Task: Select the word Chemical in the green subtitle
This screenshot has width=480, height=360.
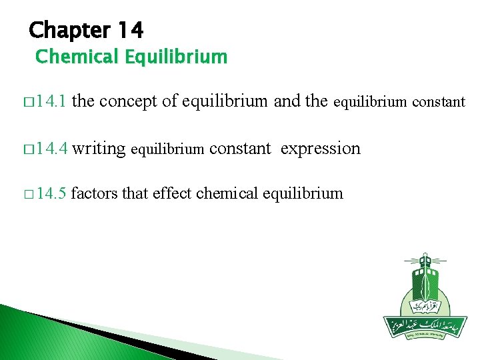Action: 77,57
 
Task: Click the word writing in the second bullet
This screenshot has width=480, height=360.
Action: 99,149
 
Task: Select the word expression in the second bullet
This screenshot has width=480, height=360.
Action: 320,149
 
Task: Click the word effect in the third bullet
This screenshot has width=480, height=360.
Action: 171,194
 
